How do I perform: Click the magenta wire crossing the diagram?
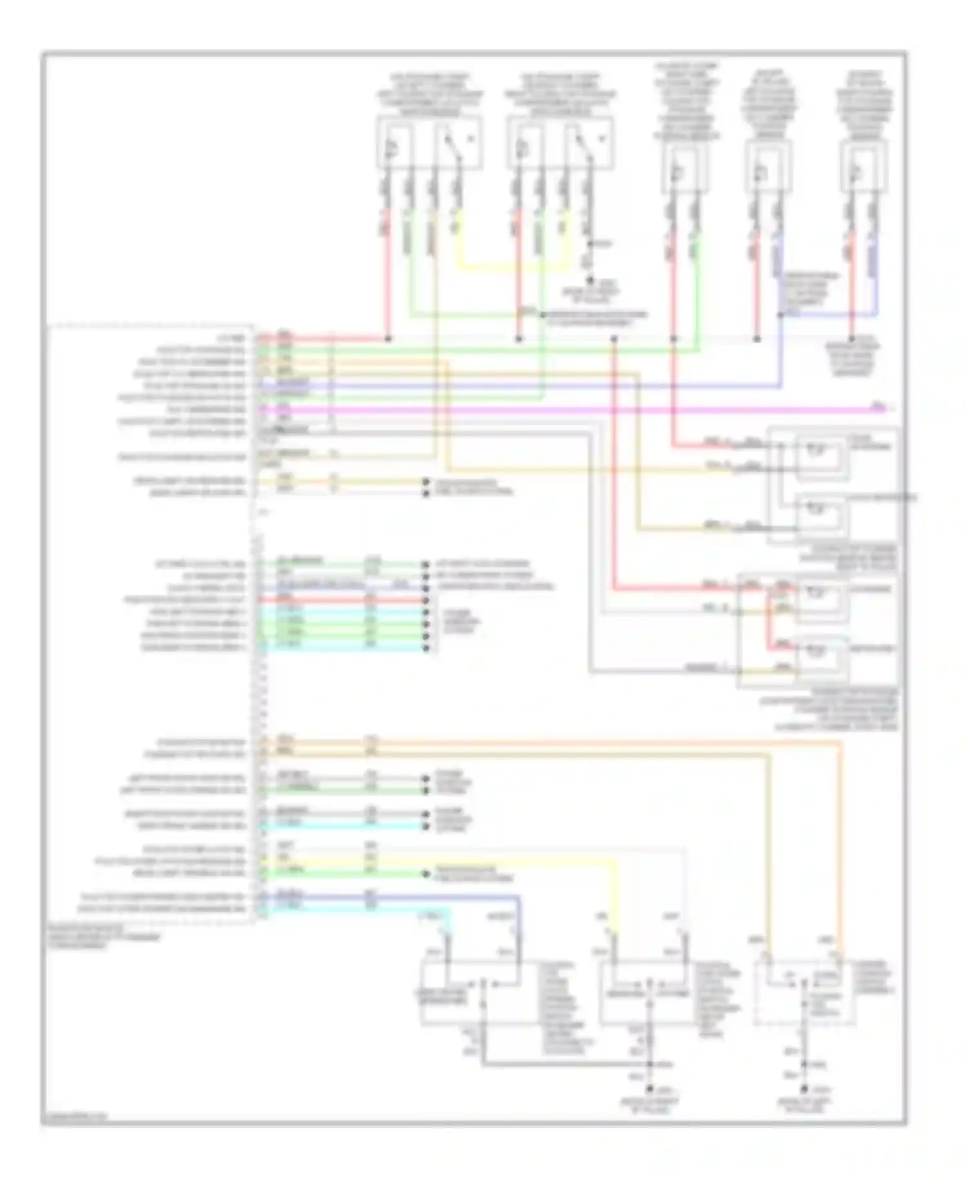(x=580, y=410)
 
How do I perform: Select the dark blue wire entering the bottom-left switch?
(x=451, y=896)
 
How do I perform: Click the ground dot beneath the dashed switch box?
(x=804, y=1089)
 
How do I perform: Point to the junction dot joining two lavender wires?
(x=781, y=315)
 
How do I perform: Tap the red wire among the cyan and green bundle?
(x=341, y=600)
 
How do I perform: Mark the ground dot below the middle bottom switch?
(x=650, y=1089)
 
